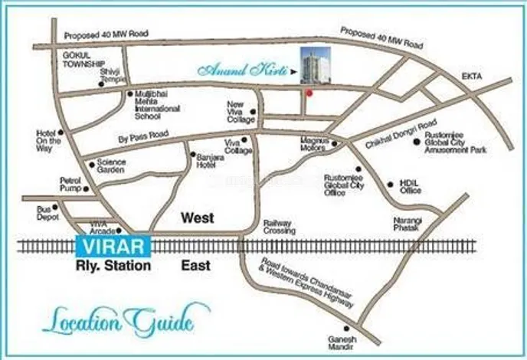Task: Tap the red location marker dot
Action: tap(309, 93)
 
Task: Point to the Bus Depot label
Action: tap(48, 212)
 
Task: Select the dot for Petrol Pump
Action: tap(85, 188)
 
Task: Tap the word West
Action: tap(197, 218)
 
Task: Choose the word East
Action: tap(196, 266)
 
